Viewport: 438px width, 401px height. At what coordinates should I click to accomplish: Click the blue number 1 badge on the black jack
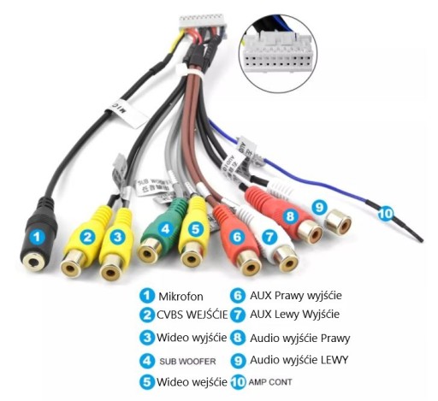pos(38,238)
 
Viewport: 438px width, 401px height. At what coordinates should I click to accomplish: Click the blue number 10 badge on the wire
pos(386,213)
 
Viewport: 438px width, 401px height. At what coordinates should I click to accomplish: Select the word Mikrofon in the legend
pos(181,297)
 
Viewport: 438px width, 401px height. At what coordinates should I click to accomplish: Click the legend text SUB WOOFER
pos(187,362)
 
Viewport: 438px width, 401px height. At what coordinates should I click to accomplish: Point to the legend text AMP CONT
pos(270,382)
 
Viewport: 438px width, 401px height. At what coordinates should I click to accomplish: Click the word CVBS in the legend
pos(170,315)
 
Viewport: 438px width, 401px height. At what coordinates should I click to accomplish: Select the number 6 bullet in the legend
pos(238,296)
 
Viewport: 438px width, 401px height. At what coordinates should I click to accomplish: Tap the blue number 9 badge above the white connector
pos(319,207)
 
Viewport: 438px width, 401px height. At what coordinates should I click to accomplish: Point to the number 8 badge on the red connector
pos(290,216)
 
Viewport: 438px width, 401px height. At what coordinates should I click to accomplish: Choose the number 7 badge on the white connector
pos(269,237)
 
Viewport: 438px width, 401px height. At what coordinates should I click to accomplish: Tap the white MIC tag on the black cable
pos(127,111)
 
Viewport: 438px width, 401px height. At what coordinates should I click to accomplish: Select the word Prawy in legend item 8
pos(335,339)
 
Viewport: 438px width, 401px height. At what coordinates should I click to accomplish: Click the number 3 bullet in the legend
pos(147,338)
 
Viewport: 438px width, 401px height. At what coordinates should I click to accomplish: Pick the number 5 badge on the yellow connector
pos(195,228)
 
